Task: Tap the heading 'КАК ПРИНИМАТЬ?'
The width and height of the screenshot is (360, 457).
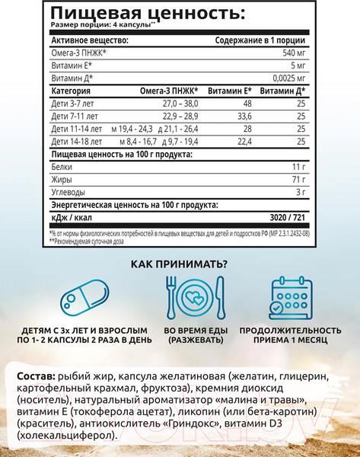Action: pos(179,264)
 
